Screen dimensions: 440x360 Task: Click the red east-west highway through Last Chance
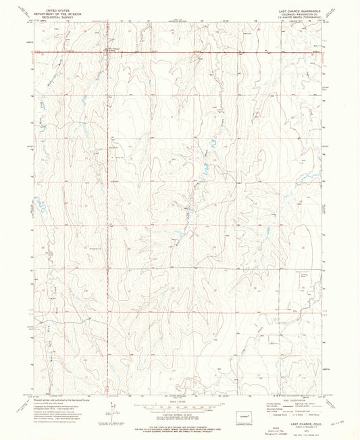[203, 51]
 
